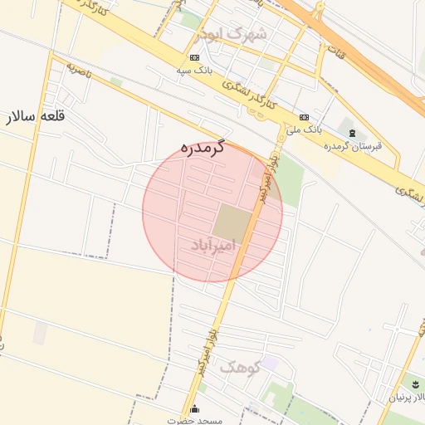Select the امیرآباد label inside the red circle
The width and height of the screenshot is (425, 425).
pos(213,246)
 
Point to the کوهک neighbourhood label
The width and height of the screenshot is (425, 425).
pos(242,366)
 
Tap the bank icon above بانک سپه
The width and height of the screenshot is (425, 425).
pos(194,57)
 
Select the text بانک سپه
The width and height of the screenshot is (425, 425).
pos(194,71)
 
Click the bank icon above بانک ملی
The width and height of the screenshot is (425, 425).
pos(304,117)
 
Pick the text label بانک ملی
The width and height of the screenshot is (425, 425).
pos(303,130)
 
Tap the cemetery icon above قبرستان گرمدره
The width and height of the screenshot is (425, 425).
pos(352,133)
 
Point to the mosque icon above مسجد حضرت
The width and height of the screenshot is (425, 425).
pos(195,408)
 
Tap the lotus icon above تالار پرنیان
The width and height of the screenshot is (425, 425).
pos(415,383)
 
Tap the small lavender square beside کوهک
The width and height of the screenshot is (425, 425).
pos(271,363)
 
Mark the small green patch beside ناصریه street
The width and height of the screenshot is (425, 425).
pos(116,81)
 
